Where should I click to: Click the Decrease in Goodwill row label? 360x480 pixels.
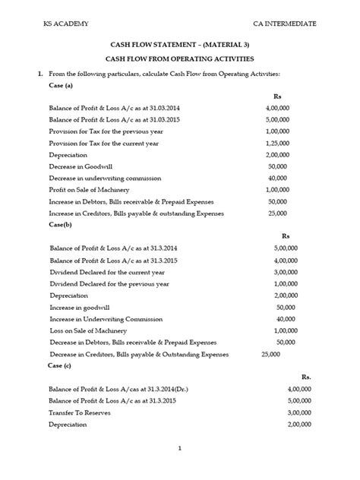point(81,166)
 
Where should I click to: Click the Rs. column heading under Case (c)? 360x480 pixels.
point(306,376)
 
